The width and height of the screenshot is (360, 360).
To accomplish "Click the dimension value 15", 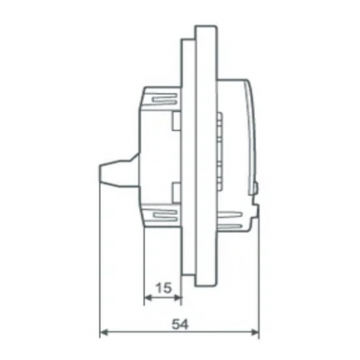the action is pos(164,288).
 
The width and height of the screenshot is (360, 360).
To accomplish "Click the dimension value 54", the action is pos(180,325).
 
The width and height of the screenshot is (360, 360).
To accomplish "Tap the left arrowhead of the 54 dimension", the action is pos(104,332).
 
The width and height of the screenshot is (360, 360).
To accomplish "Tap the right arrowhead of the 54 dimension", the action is pos(255,332).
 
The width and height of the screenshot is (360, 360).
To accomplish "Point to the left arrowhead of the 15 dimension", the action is pos(148,298).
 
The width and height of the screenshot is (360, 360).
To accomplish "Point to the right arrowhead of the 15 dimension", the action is pos(178,298).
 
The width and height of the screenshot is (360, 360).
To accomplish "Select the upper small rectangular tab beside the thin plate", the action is pos(177,121).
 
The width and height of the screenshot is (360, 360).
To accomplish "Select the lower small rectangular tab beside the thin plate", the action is pos(177,193).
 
